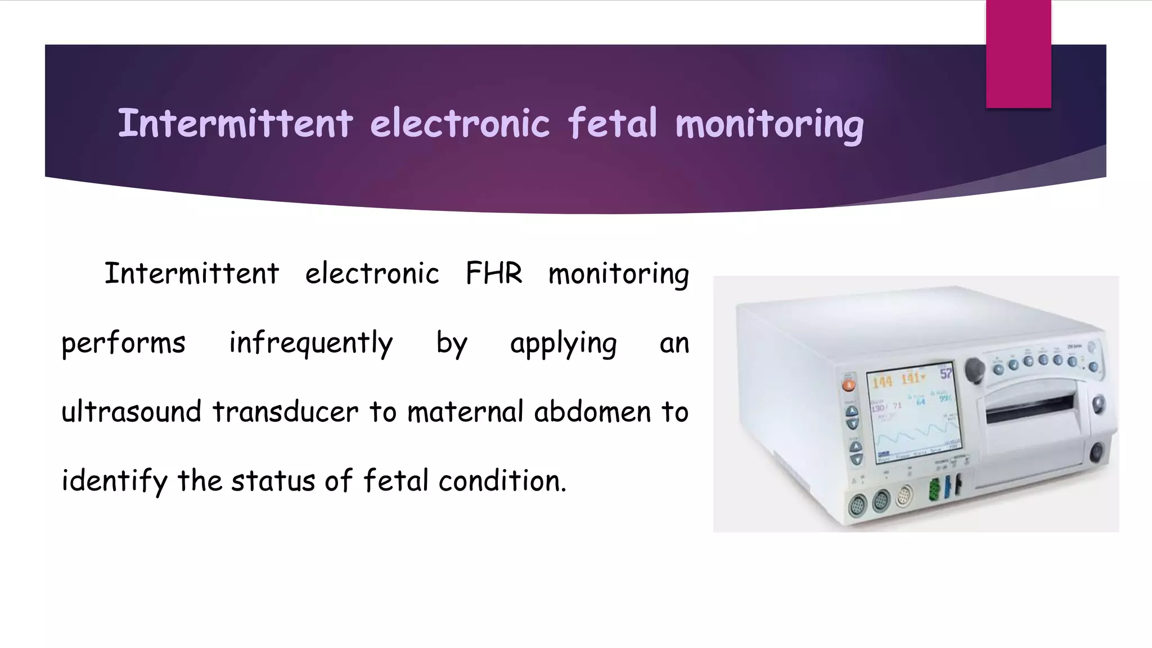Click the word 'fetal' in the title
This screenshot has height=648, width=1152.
point(612,123)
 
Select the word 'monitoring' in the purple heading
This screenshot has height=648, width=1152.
point(769,124)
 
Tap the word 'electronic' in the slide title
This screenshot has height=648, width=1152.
point(460,123)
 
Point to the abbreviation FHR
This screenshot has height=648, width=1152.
point(494,274)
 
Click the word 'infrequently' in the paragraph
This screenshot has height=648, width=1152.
point(310,343)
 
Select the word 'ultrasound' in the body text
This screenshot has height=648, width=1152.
point(131,412)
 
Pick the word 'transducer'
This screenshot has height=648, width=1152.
point(285,412)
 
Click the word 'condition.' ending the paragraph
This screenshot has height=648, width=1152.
point(502,481)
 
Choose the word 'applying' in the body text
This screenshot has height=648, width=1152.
point(563,343)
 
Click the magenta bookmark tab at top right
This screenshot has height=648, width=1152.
point(1018,54)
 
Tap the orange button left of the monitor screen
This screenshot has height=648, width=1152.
point(848,385)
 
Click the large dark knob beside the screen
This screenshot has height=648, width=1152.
point(975,370)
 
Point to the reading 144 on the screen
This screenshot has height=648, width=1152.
point(882,382)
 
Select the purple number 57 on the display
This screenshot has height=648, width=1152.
point(946,373)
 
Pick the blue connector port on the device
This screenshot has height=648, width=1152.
point(947,486)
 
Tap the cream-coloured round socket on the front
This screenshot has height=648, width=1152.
point(903,496)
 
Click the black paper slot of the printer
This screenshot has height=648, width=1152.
point(1029,409)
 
